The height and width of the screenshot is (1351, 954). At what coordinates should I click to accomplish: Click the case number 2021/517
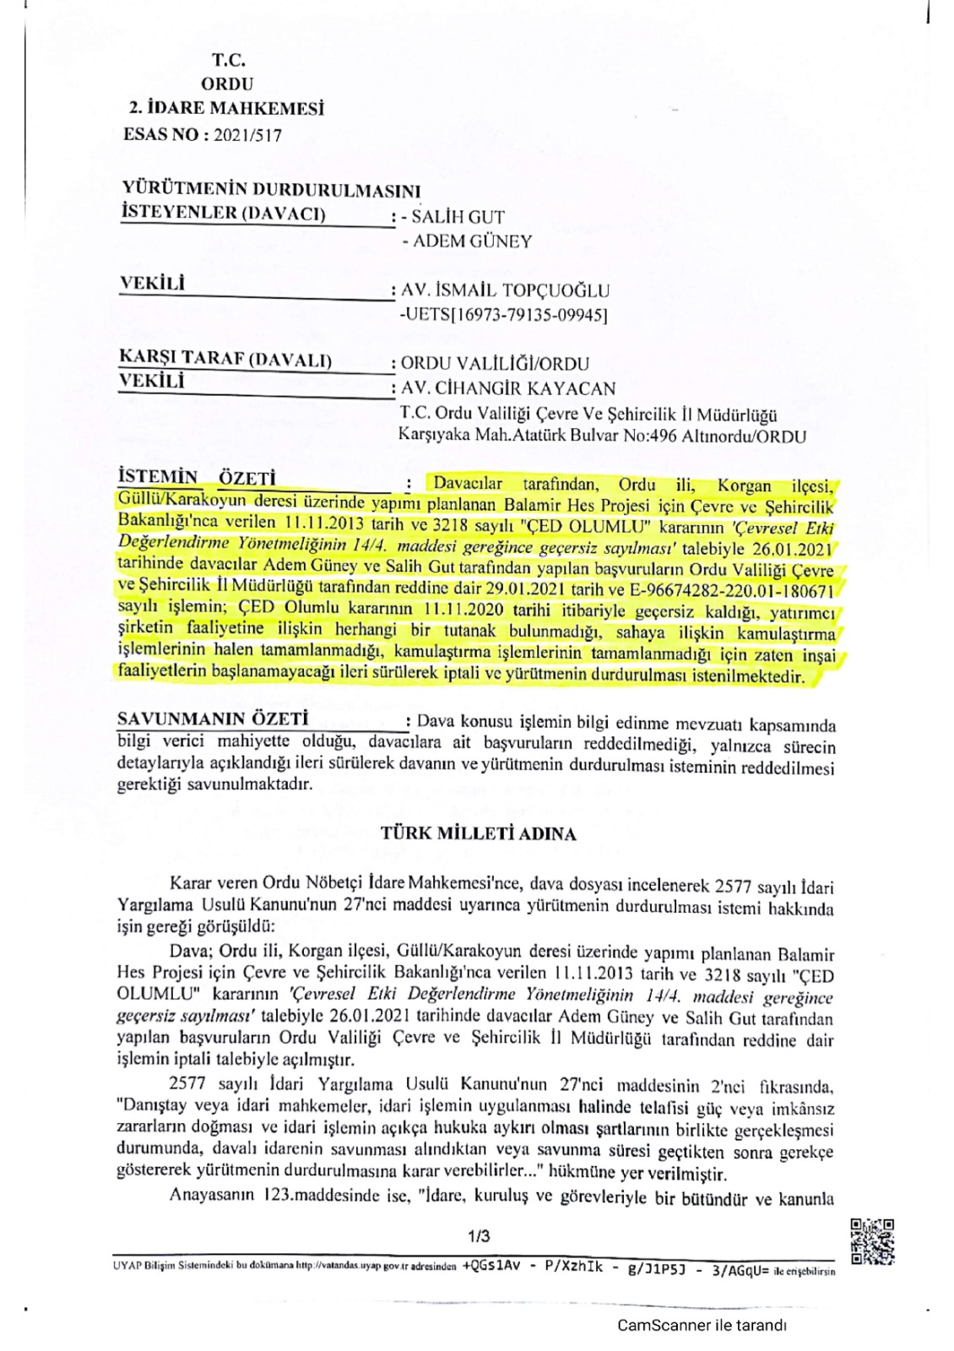pos(247,134)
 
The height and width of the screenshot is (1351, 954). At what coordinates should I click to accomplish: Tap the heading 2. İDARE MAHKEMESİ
pos(226,109)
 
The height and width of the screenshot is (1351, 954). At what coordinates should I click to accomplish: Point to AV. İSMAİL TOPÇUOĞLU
pos(505,290)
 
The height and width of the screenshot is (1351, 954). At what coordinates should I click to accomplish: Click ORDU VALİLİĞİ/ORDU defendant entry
pos(494,364)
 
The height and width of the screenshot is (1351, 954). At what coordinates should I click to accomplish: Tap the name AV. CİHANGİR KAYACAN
pos(508,388)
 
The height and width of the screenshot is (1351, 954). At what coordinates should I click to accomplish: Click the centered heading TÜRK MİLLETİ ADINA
pos(478,834)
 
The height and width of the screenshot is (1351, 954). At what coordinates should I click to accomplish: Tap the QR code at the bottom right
pos(872,1241)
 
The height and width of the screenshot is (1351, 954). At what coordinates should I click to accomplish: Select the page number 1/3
pos(479,1236)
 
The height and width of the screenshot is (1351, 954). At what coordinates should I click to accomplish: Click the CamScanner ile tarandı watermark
pos(702,1325)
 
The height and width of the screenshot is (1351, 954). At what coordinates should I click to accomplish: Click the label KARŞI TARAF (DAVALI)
pos(225,360)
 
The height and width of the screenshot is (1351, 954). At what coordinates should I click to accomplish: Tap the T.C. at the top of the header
pos(229,60)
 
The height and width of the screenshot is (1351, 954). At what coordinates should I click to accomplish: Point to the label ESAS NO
pos(161,134)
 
